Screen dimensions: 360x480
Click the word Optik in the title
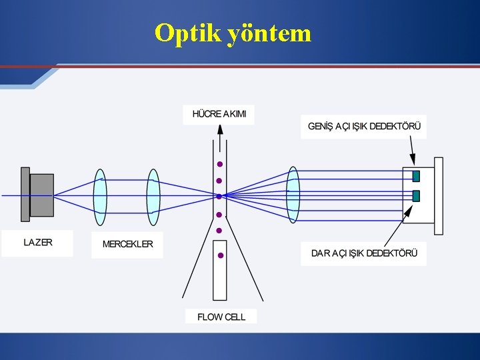(187, 32)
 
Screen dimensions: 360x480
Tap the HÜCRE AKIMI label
(219, 114)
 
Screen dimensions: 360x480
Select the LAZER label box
(38, 243)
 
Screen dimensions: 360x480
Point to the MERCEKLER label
(127, 244)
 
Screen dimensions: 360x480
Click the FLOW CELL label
(221, 317)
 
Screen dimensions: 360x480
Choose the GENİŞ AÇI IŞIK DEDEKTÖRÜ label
(364, 126)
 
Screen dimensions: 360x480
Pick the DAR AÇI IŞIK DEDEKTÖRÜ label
(364, 253)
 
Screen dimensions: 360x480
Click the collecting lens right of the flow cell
(293, 195)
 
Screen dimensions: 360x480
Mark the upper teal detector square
(416, 176)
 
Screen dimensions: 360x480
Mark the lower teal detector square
(416, 196)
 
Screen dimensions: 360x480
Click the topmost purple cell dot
(219, 164)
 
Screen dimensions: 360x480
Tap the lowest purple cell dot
(220, 255)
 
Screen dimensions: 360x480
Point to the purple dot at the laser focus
(219, 196)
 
